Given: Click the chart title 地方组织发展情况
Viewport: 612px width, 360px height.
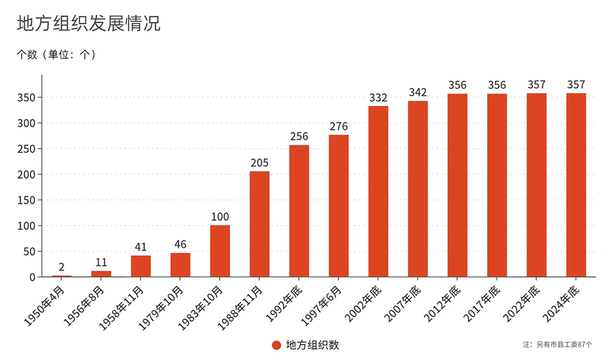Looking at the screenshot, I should tap(88, 23).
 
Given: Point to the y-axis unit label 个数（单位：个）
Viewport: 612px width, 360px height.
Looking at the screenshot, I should tap(56, 54).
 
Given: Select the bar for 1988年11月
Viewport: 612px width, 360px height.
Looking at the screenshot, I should tap(259, 224).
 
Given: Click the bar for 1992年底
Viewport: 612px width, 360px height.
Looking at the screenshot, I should tap(299, 211).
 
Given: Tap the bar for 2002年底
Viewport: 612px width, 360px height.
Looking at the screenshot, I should tap(378, 191).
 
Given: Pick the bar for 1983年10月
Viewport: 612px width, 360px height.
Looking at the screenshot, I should tap(220, 251).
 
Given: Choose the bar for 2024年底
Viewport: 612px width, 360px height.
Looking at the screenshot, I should tap(576, 185).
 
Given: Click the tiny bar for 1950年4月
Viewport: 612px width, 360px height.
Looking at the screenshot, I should tap(62, 276).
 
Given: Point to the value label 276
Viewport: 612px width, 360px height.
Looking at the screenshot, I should tap(338, 127).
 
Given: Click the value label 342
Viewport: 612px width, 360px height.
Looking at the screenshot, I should tap(417, 92).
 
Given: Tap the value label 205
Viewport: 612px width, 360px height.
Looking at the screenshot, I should tap(259, 163).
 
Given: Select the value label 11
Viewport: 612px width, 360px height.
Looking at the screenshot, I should tap(101, 263).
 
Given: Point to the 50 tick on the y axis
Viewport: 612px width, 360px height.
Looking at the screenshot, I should tap(29, 251).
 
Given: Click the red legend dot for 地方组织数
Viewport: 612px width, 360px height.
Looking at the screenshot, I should tap(277, 345).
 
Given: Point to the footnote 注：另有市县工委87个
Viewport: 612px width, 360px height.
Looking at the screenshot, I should tap(558, 345).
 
